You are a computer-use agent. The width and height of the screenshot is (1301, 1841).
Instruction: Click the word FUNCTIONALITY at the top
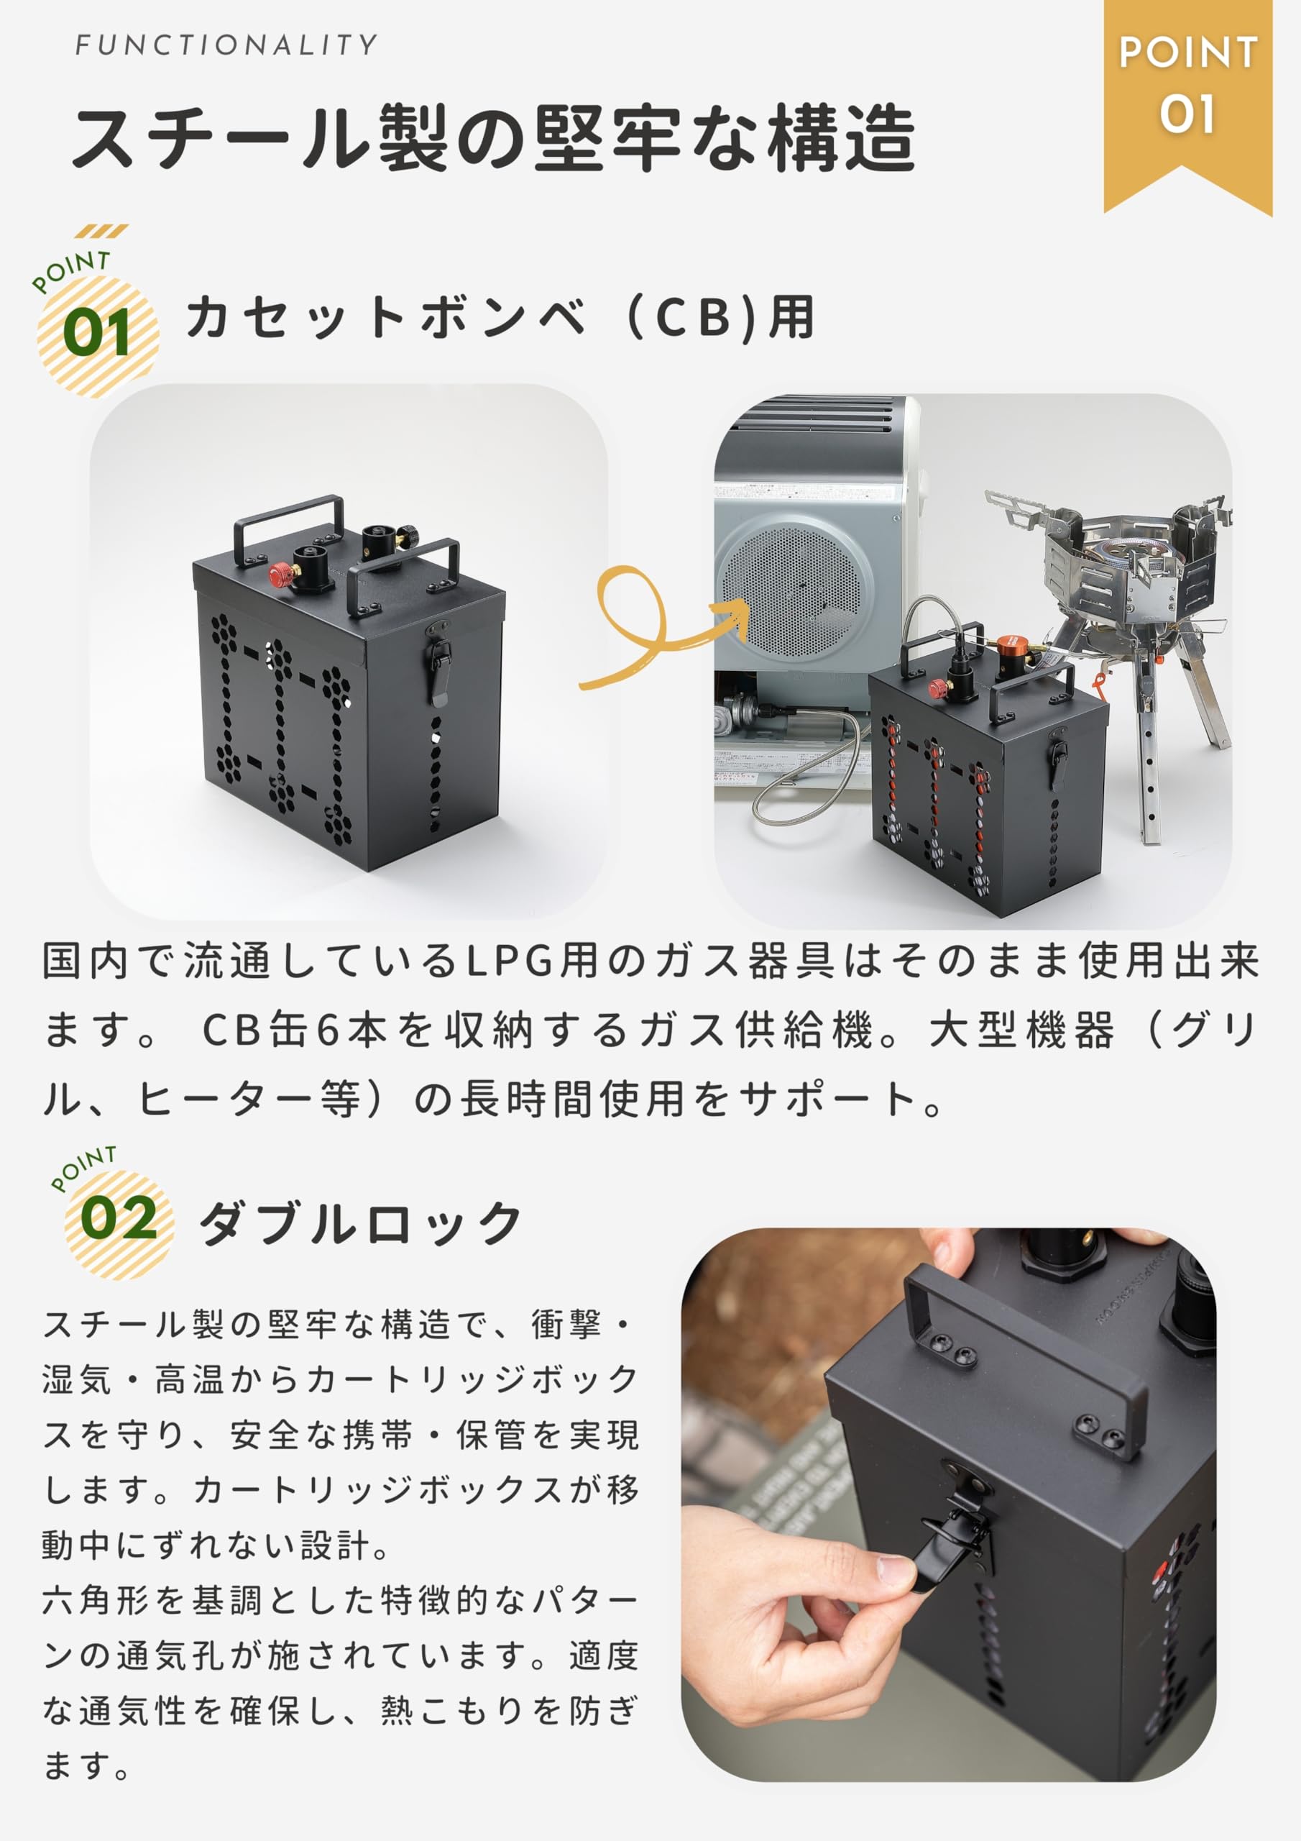225,45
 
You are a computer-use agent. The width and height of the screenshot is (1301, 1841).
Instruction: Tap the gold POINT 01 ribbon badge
1187,88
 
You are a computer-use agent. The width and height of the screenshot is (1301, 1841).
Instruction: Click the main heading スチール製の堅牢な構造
493,138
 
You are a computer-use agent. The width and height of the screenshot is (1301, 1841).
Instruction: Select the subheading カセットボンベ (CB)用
500,318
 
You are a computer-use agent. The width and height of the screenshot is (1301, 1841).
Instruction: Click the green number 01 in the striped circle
97,334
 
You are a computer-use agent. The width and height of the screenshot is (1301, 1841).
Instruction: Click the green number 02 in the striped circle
119,1219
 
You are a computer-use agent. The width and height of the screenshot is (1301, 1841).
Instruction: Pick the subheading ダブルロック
361,1223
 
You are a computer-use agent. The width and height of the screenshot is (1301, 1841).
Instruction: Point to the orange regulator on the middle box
1011,644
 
